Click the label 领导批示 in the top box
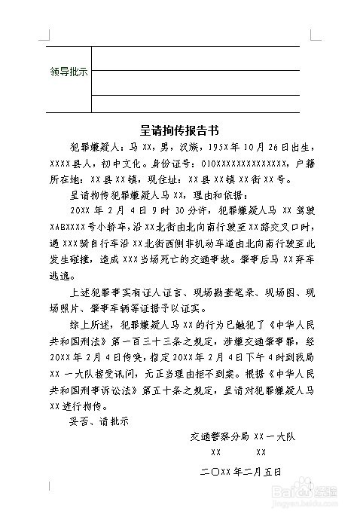(69, 72)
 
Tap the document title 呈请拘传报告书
(180, 130)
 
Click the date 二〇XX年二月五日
(240, 471)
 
